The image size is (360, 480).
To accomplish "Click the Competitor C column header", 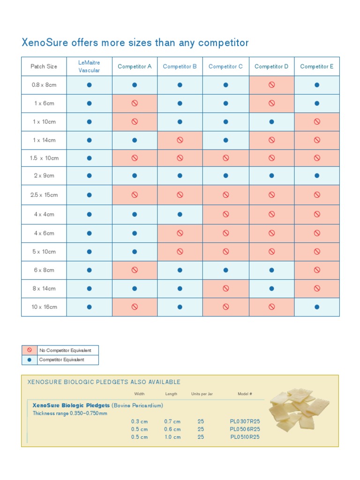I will [225, 67].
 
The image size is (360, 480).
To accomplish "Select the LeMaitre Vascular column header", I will [89, 66].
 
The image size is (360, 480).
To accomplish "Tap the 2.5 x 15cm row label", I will [44, 195].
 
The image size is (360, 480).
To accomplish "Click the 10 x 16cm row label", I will [44, 307].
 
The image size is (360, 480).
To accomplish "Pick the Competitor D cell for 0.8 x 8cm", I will [271, 85].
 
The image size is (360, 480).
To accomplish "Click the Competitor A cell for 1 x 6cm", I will [135, 103].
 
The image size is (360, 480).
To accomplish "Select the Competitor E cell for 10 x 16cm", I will [317, 307].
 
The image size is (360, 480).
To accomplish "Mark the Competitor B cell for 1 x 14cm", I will [180, 140].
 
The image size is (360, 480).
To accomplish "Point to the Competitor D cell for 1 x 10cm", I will [271, 122].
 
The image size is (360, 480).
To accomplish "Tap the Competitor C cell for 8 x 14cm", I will [225, 289].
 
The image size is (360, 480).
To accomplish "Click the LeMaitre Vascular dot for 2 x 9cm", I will [89, 176].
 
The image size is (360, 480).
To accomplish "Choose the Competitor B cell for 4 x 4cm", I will [180, 214].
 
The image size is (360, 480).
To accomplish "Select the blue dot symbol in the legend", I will [30, 360].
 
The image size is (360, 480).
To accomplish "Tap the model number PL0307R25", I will [245, 421].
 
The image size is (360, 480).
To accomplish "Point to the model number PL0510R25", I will [245, 437].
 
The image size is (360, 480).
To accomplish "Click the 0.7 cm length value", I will [172, 421].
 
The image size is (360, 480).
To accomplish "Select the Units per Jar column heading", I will [202, 394].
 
